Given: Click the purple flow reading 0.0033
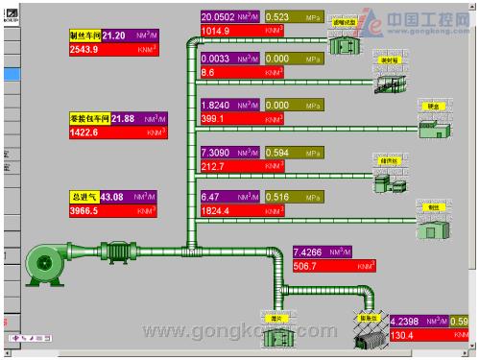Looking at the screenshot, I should [x=218, y=59].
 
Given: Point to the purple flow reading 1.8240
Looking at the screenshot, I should [x=218, y=106].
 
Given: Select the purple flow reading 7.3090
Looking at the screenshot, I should [x=218, y=153].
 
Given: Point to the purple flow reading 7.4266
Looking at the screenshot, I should [x=312, y=252].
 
